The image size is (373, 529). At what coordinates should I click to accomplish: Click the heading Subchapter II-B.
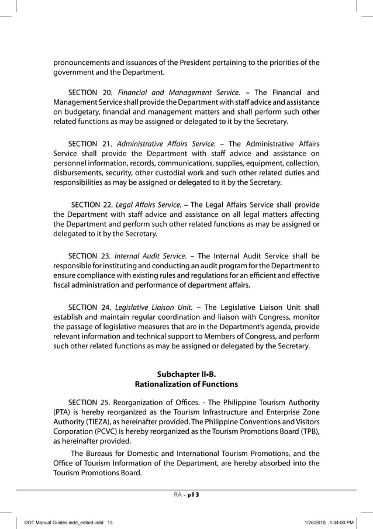coord(186,374)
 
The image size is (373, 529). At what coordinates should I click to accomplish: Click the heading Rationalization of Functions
coord(186,384)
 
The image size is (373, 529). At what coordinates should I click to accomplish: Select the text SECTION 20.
coord(91,92)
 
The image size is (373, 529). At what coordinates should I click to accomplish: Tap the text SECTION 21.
coord(91,144)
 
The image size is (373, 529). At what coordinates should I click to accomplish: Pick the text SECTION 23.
coord(89,255)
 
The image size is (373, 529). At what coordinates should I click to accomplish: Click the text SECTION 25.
coord(89,403)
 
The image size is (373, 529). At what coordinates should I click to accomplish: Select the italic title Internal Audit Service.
coord(150,255)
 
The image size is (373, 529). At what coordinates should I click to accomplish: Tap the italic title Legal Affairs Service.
coord(149,205)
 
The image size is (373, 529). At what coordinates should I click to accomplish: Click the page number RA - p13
coord(186,495)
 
